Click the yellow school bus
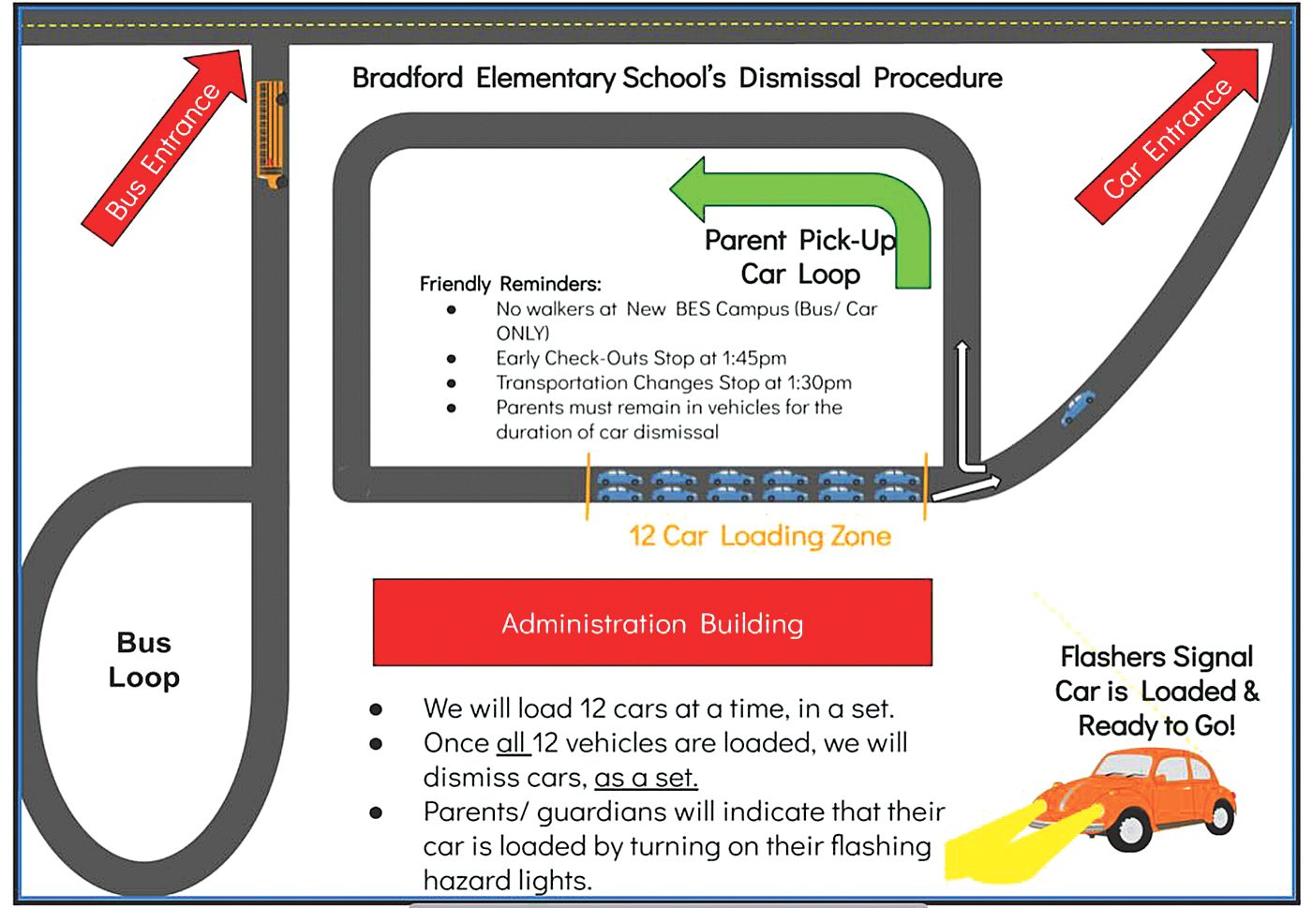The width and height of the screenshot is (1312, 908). [270, 134]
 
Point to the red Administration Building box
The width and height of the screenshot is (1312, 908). [652, 623]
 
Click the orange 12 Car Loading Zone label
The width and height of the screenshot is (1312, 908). [759, 536]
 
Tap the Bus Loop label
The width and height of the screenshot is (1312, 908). [143, 660]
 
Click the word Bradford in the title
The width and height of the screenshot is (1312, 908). [407, 78]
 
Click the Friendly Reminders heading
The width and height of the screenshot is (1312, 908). [510, 284]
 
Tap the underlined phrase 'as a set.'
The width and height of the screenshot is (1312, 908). [646, 778]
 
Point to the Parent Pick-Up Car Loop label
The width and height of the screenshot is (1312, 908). [800, 257]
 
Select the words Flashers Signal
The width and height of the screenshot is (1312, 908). [1156, 657]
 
